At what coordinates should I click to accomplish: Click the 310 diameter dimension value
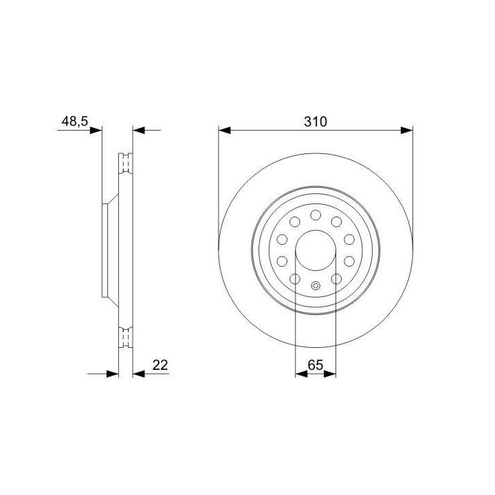tap(316, 122)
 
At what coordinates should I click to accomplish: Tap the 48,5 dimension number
tap(75, 121)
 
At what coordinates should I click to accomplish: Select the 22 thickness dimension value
tap(160, 365)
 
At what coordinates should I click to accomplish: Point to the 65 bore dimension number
tap(316, 365)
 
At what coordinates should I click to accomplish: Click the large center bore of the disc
tap(316, 250)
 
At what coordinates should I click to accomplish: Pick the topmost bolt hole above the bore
tap(316, 215)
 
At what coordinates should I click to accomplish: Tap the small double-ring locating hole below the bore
tap(316, 286)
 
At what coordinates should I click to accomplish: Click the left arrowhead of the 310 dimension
tap(224, 130)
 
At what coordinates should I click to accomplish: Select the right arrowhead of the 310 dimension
tap(406, 130)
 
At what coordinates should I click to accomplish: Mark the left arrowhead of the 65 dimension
tap(301, 374)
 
